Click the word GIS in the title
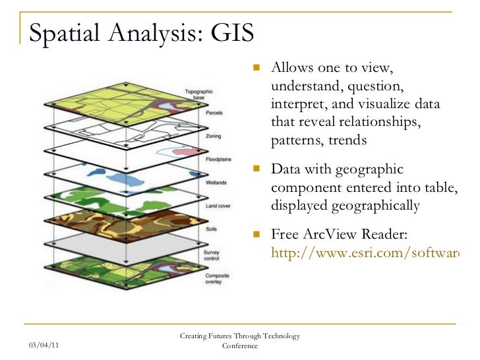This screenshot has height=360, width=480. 231,32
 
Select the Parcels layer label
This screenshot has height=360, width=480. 213,113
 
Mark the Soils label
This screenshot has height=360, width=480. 212,229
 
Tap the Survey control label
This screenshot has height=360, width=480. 212,254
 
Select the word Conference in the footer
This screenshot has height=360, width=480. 240,345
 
